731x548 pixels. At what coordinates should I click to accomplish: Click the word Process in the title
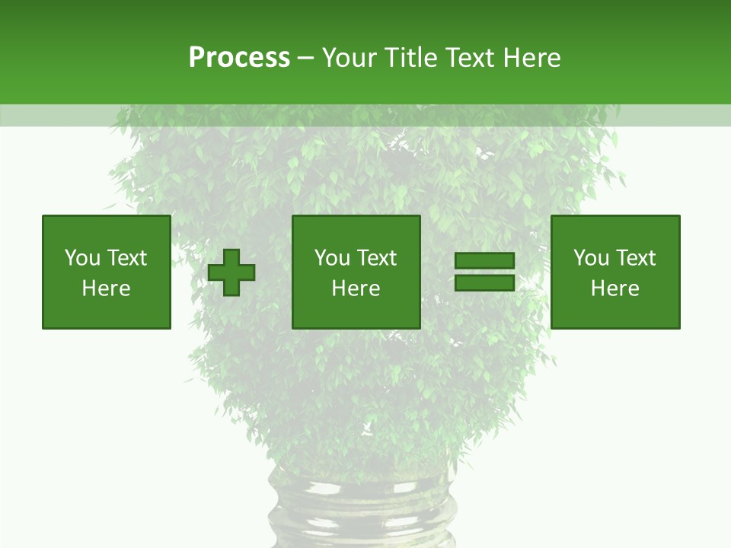pos(239,58)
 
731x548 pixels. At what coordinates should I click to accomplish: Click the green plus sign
pos(231,272)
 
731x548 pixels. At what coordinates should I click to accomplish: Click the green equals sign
pos(484,272)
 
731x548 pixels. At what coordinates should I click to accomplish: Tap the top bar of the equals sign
pos(484,261)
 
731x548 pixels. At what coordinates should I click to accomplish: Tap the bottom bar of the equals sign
pos(484,283)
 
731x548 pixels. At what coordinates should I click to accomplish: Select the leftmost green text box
pos(107,272)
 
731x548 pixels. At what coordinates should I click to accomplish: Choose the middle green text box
pos(356,272)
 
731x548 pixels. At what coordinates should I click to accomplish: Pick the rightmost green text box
pos(615,272)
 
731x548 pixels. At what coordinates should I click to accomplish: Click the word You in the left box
pos(82,258)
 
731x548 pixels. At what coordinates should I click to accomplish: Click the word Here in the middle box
pos(356,288)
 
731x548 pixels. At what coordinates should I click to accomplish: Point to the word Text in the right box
pos(634,258)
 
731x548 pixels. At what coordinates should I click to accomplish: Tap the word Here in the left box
pos(107,288)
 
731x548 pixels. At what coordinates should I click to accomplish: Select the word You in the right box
pos(591,258)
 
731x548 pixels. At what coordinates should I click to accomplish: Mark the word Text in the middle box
pos(375,258)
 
